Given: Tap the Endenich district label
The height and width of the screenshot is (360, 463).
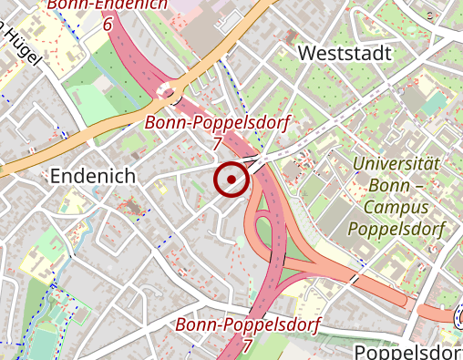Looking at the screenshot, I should (93, 175).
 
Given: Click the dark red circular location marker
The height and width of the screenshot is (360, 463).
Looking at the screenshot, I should (231, 179).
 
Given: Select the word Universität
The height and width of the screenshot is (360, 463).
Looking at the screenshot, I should (396, 165).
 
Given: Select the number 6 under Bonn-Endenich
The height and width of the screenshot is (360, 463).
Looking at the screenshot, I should (108, 25).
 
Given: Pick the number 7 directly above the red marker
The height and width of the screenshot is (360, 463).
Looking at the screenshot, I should (216, 144).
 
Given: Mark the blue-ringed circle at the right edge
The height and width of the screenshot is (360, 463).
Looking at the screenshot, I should (458, 317).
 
